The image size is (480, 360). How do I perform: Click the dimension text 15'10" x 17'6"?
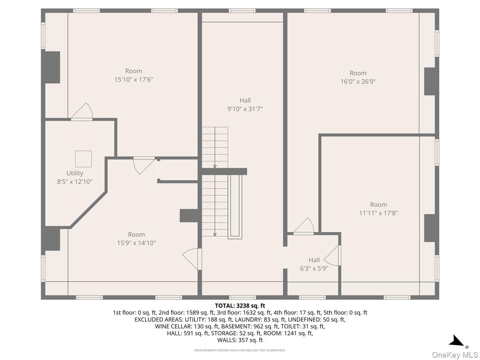(134, 80)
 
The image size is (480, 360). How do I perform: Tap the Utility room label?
(75, 173)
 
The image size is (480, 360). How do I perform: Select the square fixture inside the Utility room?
(84, 159)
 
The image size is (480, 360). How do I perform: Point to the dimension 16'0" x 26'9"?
(358, 82)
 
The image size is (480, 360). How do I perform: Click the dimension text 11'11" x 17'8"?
(378, 213)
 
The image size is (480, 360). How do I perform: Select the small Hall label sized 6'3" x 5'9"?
(314, 260)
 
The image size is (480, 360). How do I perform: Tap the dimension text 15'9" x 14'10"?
(136, 243)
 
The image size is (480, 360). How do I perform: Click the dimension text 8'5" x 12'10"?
(75, 182)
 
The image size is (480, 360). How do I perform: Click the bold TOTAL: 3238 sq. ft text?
(240, 306)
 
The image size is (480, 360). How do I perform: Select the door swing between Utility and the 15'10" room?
(82, 112)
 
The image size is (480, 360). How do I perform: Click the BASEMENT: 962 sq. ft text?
(241, 326)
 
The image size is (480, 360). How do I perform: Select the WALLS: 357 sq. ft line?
(240, 340)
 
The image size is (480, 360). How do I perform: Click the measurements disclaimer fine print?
(240, 350)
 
